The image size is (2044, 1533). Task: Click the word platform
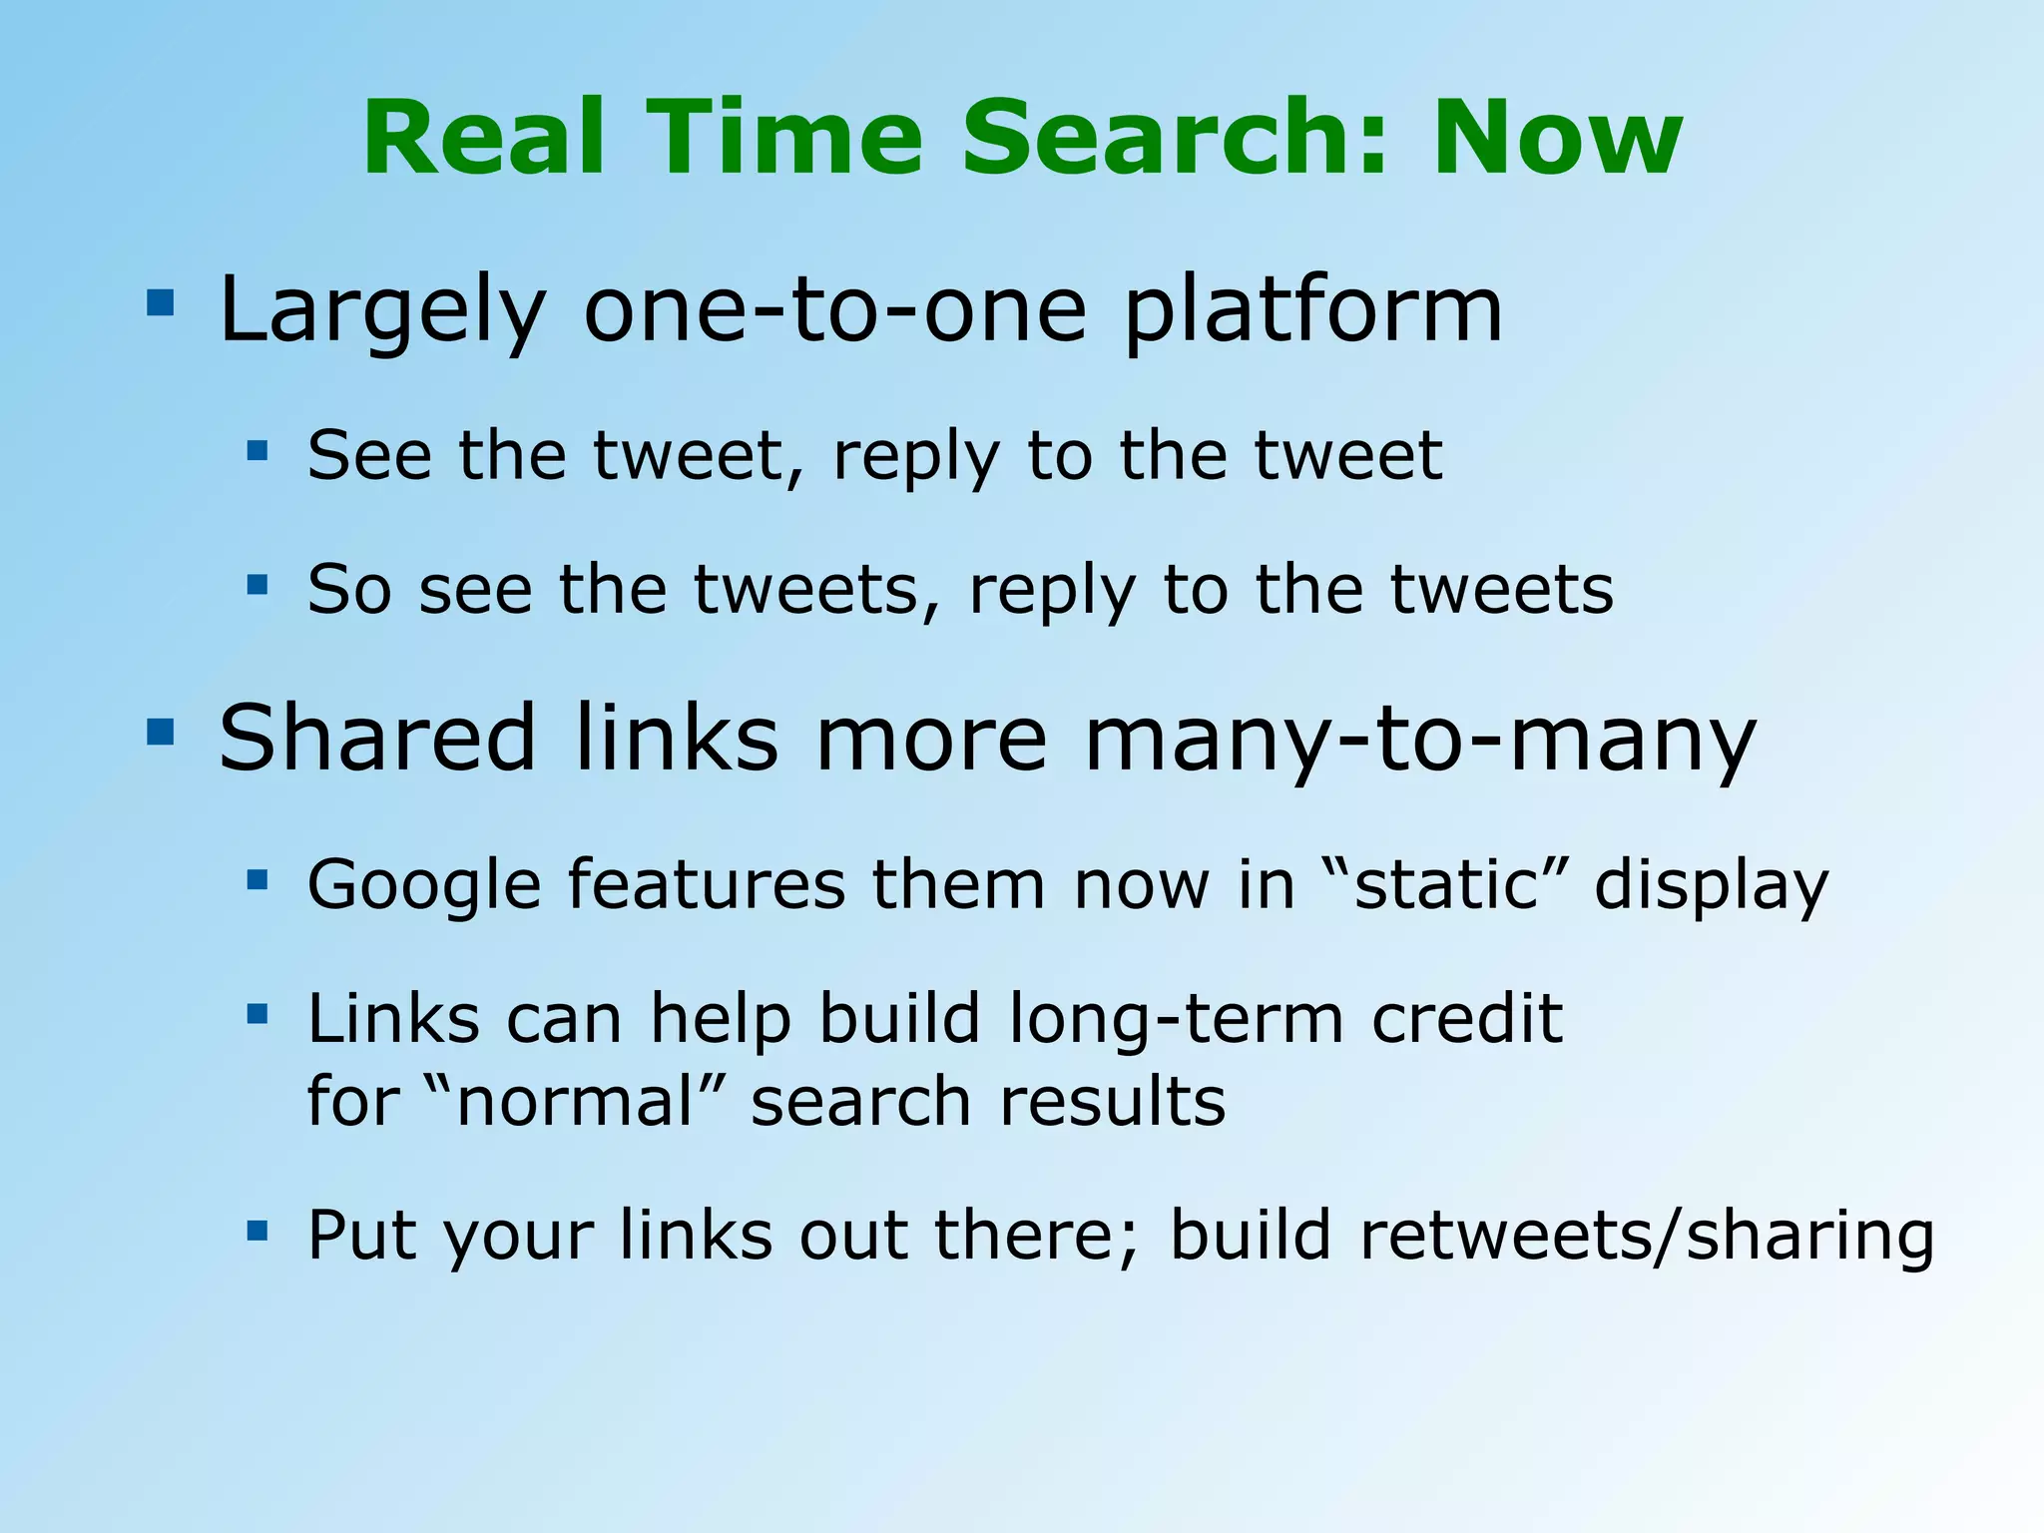(x=1312, y=311)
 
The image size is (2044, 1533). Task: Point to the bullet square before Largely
(x=160, y=302)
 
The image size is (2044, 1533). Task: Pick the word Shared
(x=377, y=739)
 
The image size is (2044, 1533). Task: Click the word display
(x=1711, y=886)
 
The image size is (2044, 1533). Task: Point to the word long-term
(x=1176, y=1020)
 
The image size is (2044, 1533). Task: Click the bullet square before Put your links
(x=257, y=1230)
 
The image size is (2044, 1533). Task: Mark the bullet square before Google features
(x=257, y=879)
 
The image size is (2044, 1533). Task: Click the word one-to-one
(x=834, y=311)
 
